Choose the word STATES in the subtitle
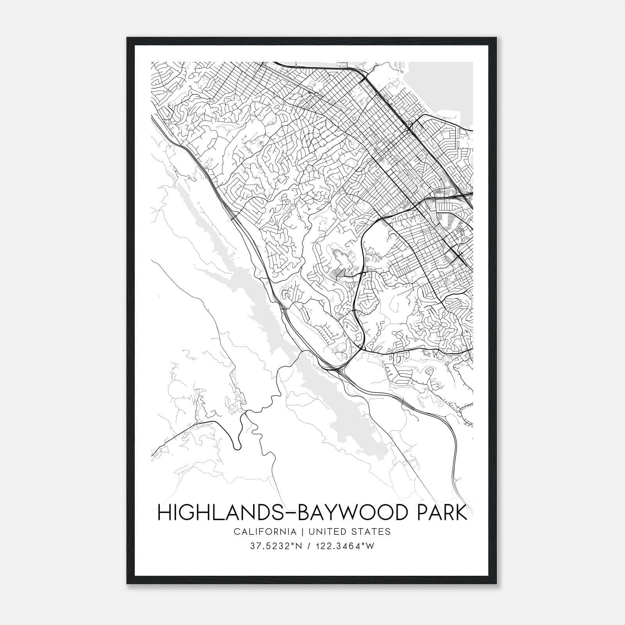coord(372,532)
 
